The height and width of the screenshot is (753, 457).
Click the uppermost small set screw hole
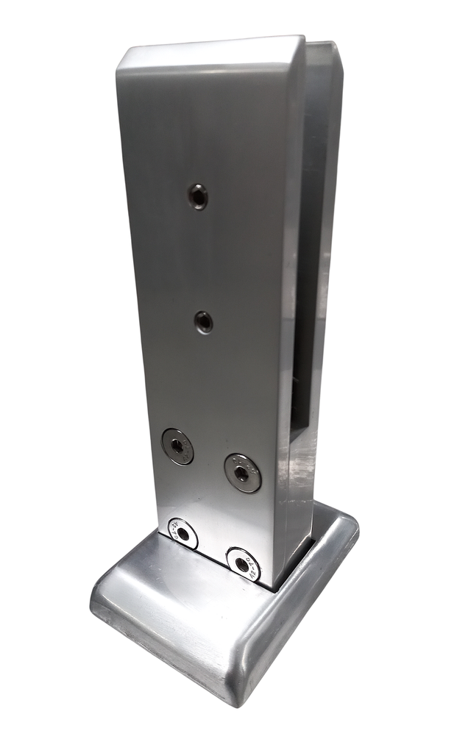197,196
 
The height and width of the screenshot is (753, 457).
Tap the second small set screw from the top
204,321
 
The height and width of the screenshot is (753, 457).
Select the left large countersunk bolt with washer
178,446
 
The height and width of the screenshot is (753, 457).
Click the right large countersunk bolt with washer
242,472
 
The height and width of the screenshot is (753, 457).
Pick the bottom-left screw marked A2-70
183,533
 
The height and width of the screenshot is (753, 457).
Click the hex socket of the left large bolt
177,446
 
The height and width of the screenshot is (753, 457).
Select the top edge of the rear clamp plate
324,46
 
